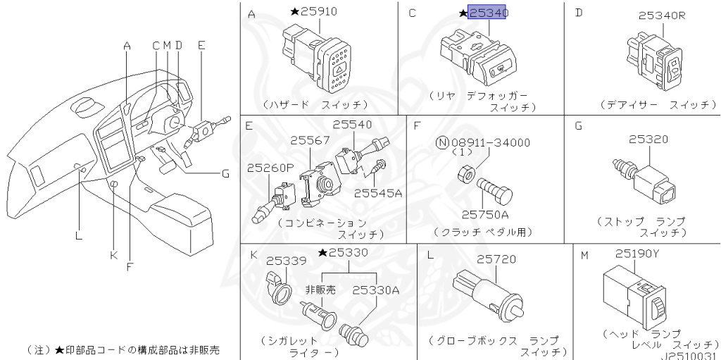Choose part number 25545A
tap(378, 192)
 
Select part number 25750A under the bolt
tap(485, 213)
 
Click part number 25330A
tap(375, 289)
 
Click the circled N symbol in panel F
tap(442, 142)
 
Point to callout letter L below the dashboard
tap(78, 236)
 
